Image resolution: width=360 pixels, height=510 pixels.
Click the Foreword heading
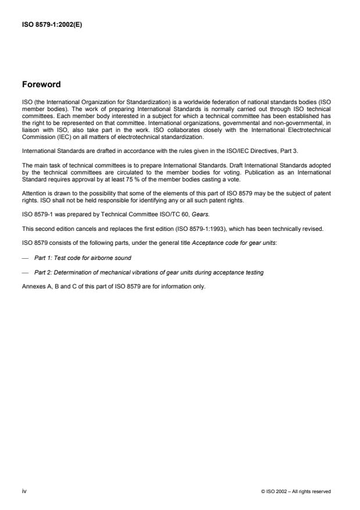[x=41, y=84]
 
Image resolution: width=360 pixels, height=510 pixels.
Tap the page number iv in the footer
[x=24, y=491]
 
